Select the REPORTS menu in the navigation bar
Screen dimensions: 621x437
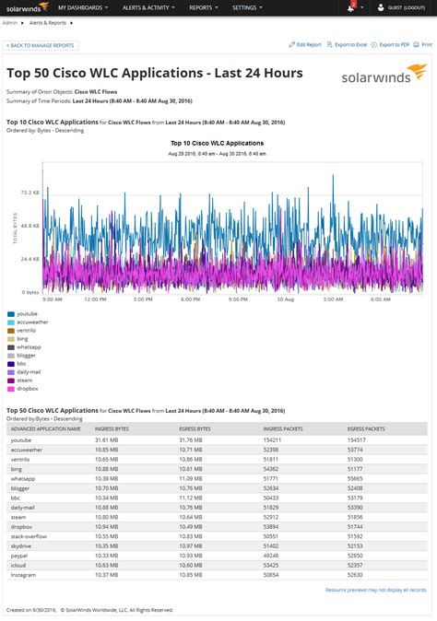tap(202, 7)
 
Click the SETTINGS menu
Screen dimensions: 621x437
tap(246, 7)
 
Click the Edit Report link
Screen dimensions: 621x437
tap(307, 44)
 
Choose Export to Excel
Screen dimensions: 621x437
tap(349, 44)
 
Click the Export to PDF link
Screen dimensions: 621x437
tap(394, 44)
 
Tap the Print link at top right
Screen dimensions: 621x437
tap(426, 44)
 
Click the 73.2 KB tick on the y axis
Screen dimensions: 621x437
tap(29, 192)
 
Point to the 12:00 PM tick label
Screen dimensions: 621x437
tap(97, 299)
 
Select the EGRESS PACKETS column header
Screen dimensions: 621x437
tap(367, 429)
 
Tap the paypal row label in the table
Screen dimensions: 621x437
tap(20, 556)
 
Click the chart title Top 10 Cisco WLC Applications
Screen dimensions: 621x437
tap(218, 144)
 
